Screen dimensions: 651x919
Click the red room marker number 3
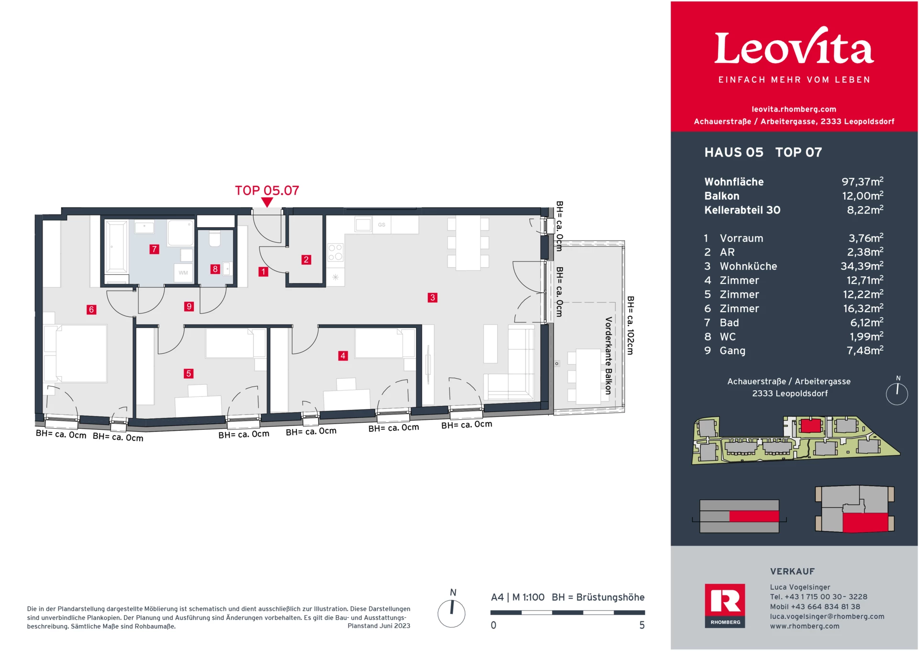coord(432,298)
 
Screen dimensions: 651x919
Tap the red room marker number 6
coord(91,310)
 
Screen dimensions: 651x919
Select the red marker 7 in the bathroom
coord(154,249)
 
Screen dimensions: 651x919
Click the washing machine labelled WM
coord(183,273)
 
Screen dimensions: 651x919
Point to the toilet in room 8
coord(215,238)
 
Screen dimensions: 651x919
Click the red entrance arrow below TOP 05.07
coord(267,202)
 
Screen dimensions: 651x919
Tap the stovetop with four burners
coord(335,252)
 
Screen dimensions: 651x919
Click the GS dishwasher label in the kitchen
coord(381,224)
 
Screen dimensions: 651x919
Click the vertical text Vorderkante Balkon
coord(608,355)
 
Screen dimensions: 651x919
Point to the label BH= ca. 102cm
coord(630,325)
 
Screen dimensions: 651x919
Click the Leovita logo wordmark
coord(794,48)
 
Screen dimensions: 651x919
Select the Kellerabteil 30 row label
coord(742,210)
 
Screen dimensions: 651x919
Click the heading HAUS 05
coord(733,152)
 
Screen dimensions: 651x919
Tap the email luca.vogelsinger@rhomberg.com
coord(827,617)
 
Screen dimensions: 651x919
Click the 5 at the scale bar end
coord(642,625)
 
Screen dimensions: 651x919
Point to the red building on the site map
coord(810,425)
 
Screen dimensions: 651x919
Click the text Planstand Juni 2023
coord(379,626)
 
